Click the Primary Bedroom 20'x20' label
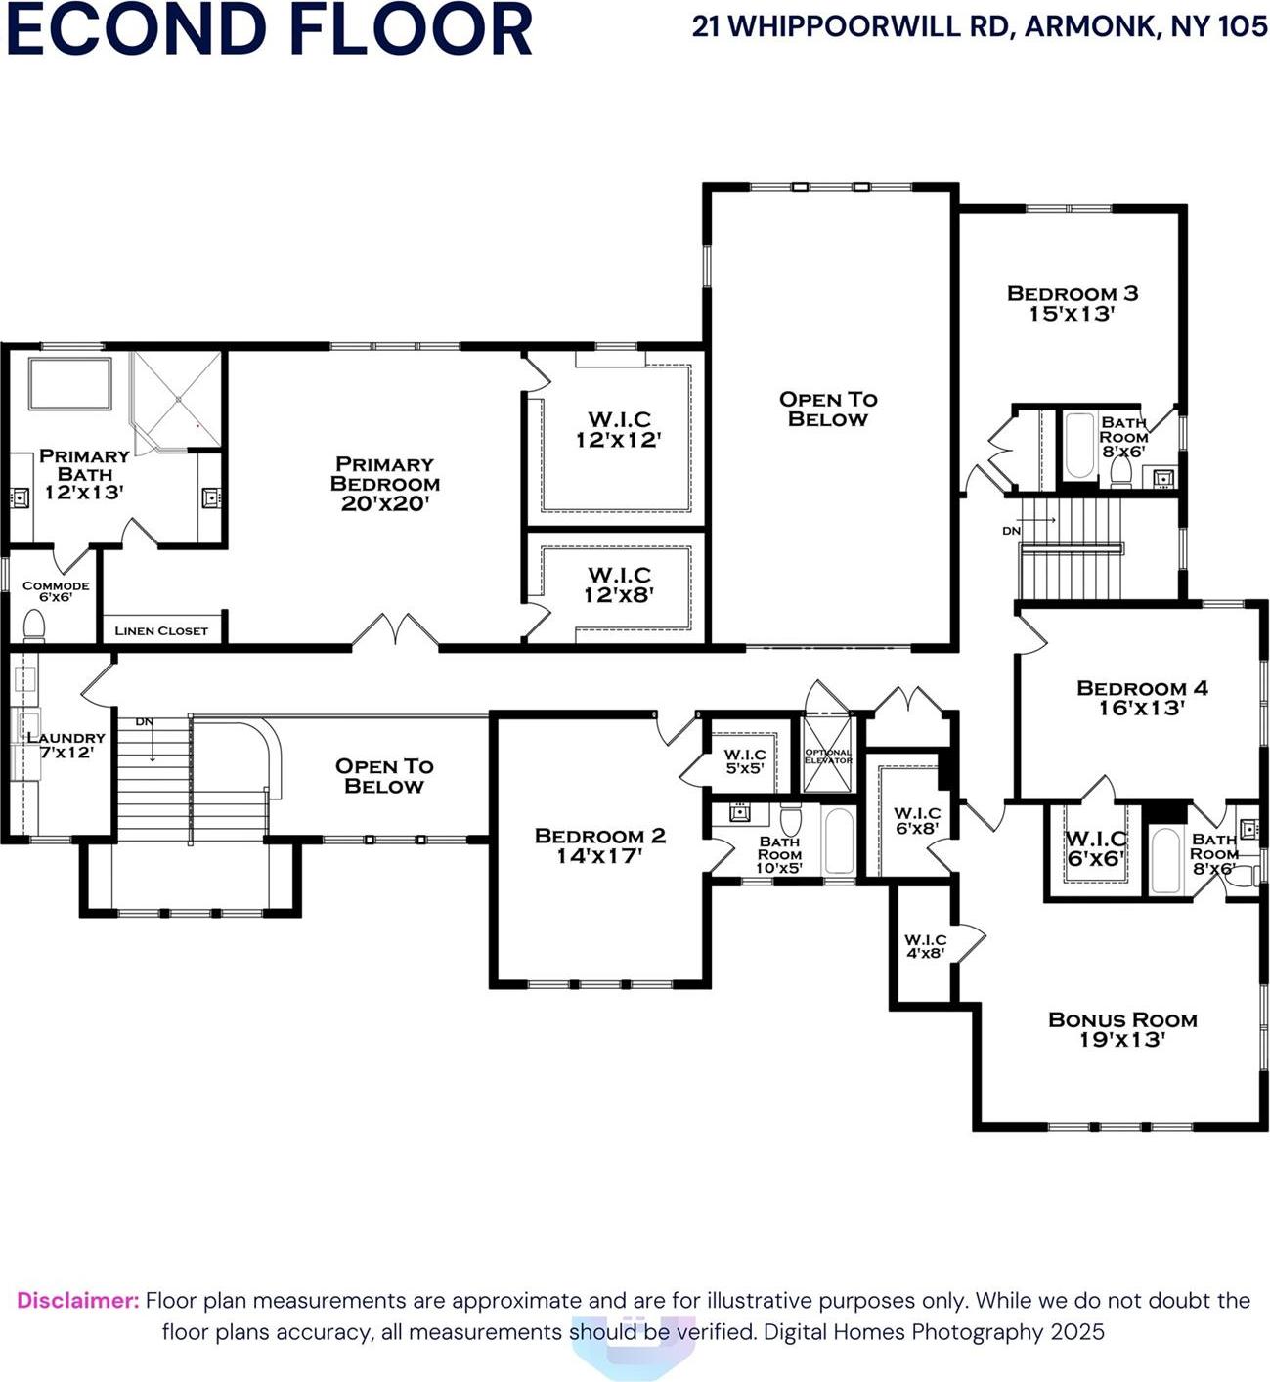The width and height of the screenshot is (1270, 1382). pyautogui.click(x=385, y=484)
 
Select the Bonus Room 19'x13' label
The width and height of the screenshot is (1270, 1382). pyautogui.click(x=1122, y=1029)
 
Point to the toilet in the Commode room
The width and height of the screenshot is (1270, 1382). pyautogui.click(x=34, y=624)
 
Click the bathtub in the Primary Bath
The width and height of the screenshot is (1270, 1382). pyautogui.click(x=69, y=384)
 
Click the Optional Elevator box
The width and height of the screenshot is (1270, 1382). pyautogui.click(x=827, y=754)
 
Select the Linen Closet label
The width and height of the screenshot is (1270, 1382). pyautogui.click(x=161, y=630)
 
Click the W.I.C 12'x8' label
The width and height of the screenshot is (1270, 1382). pyautogui.click(x=619, y=583)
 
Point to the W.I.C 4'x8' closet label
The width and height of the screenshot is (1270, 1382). pyautogui.click(x=925, y=945)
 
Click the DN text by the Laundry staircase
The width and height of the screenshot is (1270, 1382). pyautogui.click(x=145, y=722)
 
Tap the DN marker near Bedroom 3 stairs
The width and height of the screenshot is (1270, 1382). pyautogui.click(x=1011, y=531)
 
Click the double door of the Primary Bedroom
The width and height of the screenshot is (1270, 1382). pyautogui.click(x=395, y=632)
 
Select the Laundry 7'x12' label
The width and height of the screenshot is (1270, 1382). pyautogui.click(x=65, y=745)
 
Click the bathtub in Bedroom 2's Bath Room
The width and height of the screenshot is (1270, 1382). pyautogui.click(x=839, y=841)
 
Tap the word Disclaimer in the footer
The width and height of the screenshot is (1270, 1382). pyautogui.click(x=78, y=1301)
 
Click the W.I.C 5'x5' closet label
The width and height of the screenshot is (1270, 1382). pyautogui.click(x=744, y=761)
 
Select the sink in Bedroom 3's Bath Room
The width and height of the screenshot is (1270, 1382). pyautogui.click(x=1162, y=478)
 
